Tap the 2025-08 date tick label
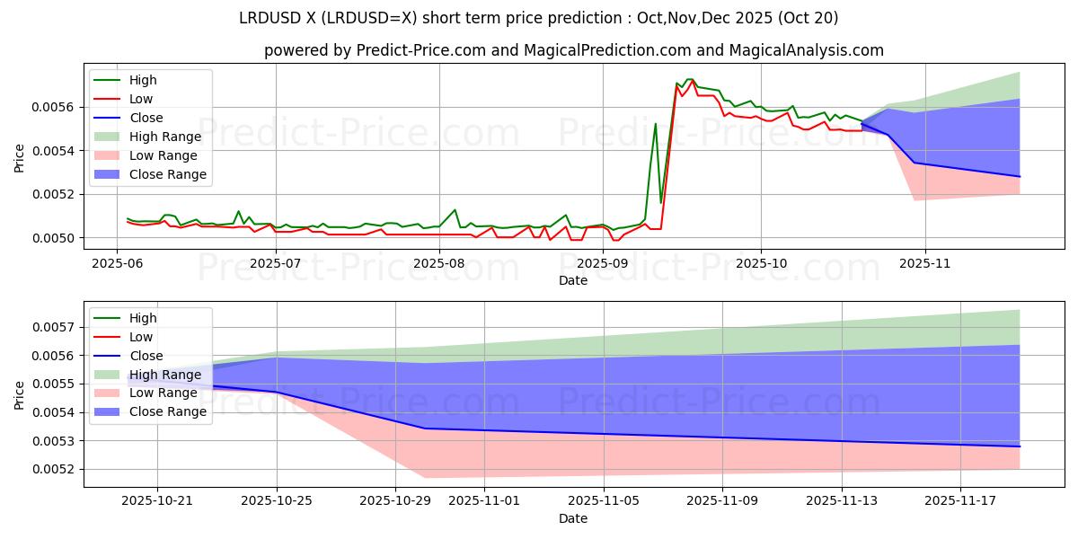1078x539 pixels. (440, 264)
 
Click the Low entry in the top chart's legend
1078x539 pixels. (141, 99)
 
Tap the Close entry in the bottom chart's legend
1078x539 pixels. (146, 356)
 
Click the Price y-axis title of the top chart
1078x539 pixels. (20, 158)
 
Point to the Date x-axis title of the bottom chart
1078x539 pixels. (573, 518)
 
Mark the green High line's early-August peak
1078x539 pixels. (455, 209)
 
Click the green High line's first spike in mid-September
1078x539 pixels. (656, 123)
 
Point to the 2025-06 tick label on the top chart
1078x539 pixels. (117, 264)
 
